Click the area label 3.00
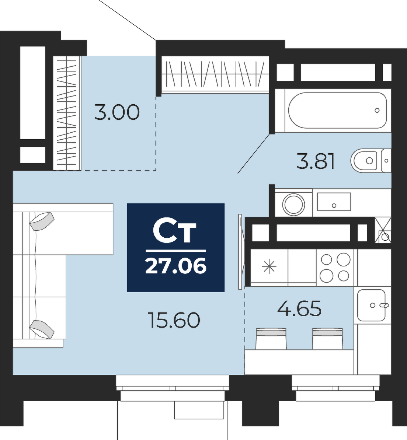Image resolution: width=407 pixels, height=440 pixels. coord(117,112)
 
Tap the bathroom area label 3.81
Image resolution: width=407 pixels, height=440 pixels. coord(316,162)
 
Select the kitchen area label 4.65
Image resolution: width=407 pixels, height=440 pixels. coord(299,308)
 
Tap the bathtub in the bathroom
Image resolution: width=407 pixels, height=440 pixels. coord(338,110)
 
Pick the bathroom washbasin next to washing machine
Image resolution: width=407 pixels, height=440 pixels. coord(334,202)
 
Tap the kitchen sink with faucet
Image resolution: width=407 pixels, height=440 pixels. coord(372,305)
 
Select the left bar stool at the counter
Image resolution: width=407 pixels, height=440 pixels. coord(271,339)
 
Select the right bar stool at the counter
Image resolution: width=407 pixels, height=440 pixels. coord(327,339)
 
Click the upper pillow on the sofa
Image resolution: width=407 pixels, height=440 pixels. coord(42,221)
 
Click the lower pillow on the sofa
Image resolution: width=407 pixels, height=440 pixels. coord(42,329)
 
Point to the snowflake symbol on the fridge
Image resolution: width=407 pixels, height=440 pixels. coord(269,267)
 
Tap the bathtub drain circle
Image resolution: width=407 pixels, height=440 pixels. coord(377,110)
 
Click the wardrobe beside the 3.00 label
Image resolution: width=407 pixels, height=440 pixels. coord(67,113)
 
